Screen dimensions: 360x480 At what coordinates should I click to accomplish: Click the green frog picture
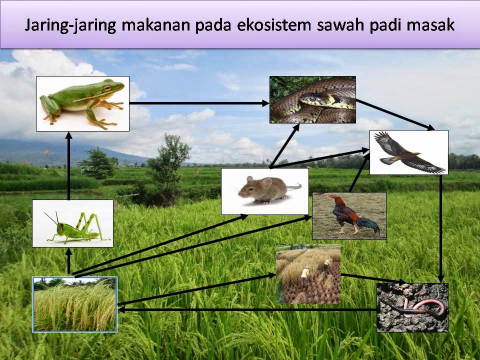point(83,103)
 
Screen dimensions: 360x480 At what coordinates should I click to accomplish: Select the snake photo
point(312,99)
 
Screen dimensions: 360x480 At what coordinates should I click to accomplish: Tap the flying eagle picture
point(408,152)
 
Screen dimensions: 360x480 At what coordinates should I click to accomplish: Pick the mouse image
point(264,191)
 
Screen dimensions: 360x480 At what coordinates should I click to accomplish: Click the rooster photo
point(349,215)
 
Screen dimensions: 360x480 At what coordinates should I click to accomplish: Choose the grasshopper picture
point(72,223)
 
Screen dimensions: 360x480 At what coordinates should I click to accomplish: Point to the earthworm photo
point(412,307)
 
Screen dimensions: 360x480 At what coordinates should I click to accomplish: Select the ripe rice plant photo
point(74,304)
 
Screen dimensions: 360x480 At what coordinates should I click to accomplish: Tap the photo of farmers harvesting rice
point(308,274)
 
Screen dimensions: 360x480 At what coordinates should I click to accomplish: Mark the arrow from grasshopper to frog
point(69,165)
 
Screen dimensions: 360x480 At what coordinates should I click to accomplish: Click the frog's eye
point(106,88)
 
